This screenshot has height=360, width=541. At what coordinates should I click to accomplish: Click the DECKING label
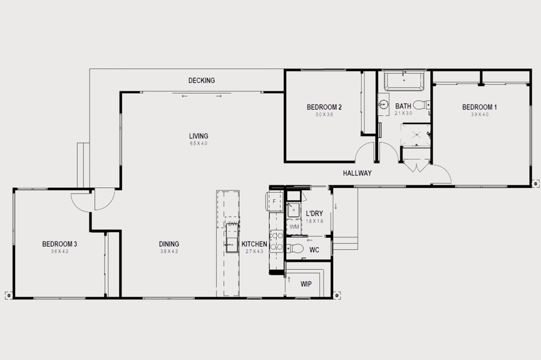pos(202,81)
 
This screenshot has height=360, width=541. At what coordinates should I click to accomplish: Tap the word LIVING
pos(198,136)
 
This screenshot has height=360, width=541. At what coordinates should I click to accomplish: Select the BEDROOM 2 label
pos(324,107)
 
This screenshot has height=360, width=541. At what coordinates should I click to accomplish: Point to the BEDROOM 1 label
pos(479,107)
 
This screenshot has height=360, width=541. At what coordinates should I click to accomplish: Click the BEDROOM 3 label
pos(59,244)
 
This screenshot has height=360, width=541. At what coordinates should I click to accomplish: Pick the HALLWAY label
pos(357,173)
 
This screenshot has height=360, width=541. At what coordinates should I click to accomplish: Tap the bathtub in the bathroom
pos(404,81)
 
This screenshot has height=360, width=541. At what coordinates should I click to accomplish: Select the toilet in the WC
pos(298,249)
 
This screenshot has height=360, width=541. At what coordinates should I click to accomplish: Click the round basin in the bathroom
pos(384,105)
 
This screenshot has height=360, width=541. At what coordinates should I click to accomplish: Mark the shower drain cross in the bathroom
pos(414,132)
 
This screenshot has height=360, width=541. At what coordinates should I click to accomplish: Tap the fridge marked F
pos(274,201)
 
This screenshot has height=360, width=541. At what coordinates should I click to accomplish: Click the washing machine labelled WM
pos(294,227)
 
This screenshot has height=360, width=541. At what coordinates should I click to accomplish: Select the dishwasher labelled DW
pos(232,224)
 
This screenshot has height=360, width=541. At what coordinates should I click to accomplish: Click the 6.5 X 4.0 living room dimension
pos(198,144)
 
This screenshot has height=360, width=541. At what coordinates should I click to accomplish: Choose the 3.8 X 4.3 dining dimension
pos(168,252)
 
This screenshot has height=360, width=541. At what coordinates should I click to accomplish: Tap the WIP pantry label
pos(306,284)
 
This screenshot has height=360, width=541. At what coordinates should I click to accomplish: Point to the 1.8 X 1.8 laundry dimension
pos(314,221)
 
